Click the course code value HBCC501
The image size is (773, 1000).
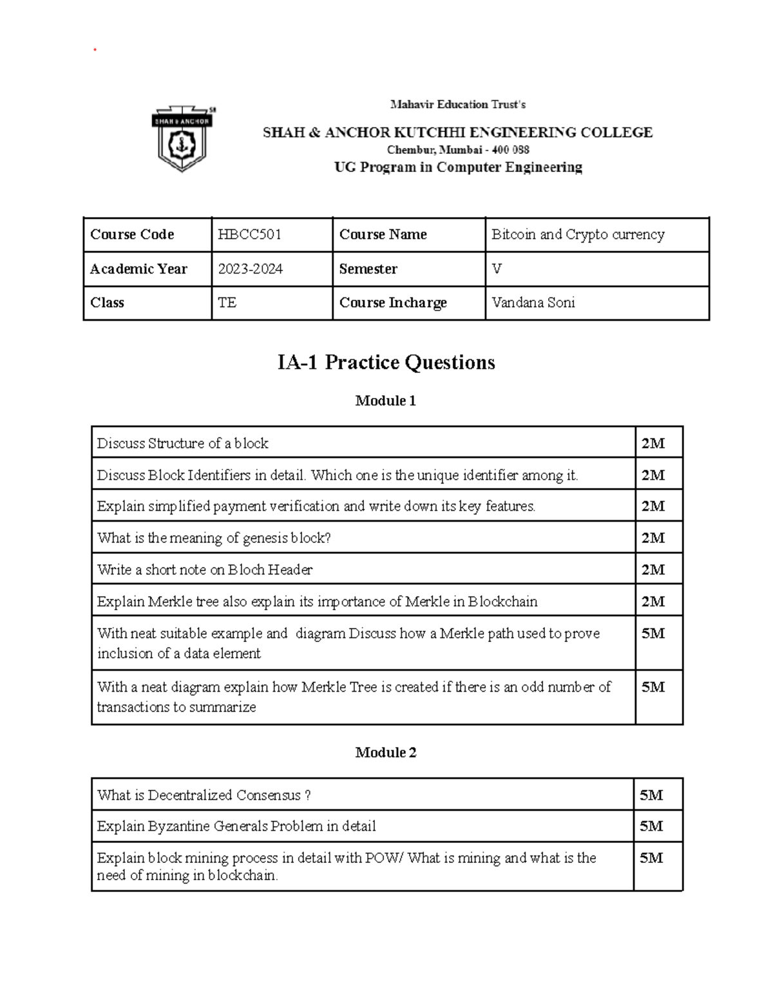249,234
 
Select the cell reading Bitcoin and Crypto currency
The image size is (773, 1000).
578,234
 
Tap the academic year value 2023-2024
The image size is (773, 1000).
250,269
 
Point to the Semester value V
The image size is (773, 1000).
496,269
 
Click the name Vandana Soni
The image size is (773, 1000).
533,303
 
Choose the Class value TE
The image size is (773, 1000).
227,303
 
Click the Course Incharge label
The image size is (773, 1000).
392,303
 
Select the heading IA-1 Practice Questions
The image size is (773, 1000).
386,363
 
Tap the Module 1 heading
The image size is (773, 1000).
385,401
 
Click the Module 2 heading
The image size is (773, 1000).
385,752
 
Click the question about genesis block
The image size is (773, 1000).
214,538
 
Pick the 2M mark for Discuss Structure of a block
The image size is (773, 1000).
653,443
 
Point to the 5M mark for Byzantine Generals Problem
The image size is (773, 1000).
651,826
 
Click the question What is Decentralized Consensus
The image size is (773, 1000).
204,795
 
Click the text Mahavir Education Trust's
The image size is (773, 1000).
457,104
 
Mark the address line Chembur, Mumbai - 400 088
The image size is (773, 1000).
457,150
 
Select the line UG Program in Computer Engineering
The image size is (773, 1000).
457,167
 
